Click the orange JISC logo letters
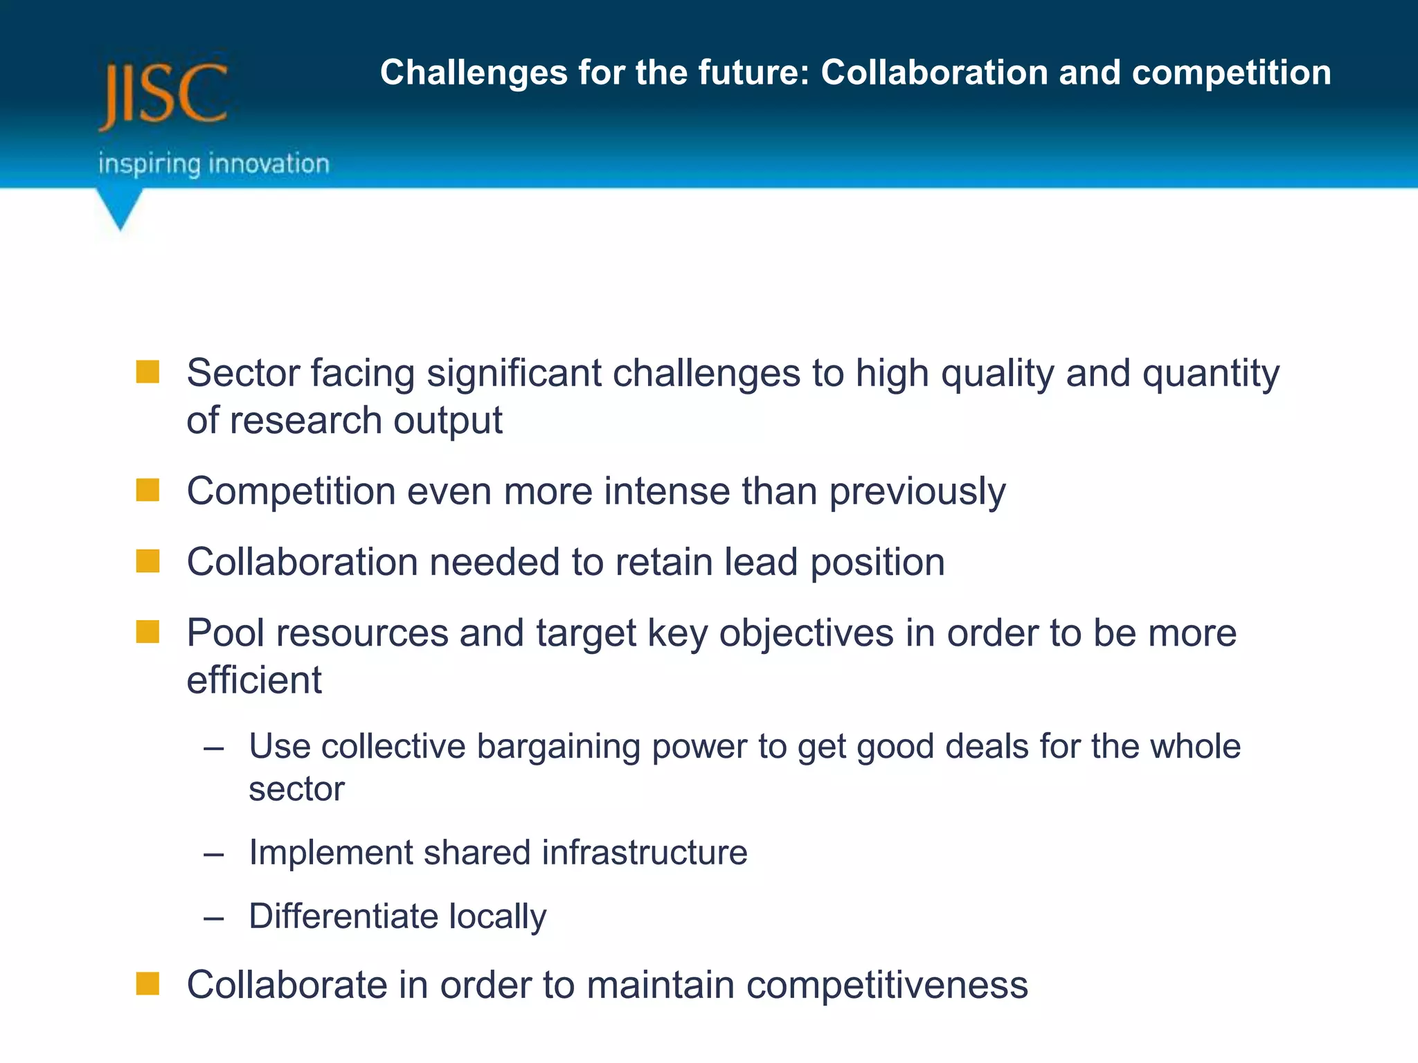[x=163, y=95]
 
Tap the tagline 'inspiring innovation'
[x=213, y=164]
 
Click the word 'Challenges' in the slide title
[x=474, y=73]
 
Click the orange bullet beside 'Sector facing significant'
[x=147, y=372]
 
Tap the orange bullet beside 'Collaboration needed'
[x=147, y=561]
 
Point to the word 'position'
[x=877, y=563]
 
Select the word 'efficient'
[x=254, y=680]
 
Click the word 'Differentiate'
[x=343, y=916]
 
